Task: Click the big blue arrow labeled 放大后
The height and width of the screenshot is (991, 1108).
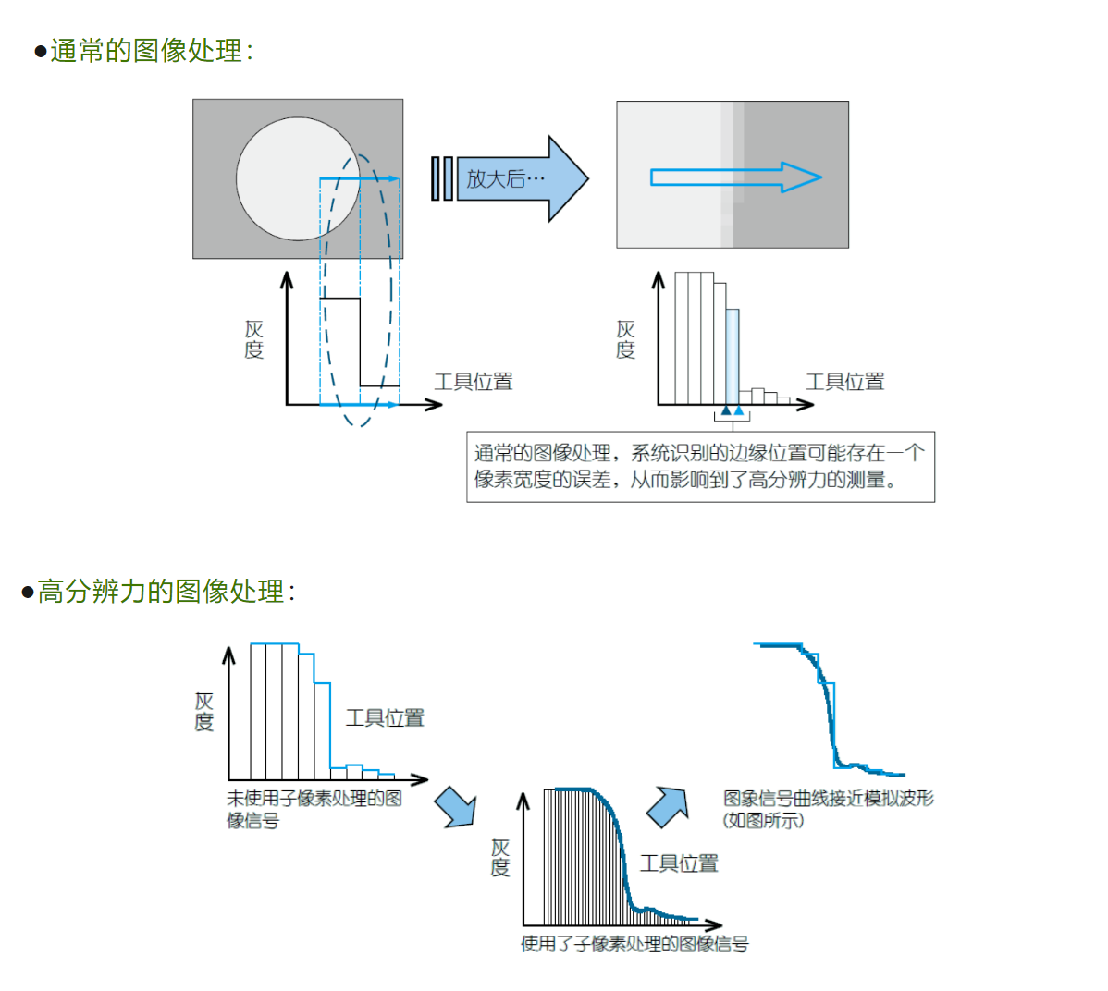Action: pos(518,178)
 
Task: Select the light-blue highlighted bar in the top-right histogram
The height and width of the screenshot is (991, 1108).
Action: pos(733,356)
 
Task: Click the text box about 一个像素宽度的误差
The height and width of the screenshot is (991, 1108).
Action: pos(700,467)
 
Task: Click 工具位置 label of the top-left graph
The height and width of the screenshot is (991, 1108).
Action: pos(474,382)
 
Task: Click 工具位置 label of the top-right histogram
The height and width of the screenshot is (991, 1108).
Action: pos(844,382)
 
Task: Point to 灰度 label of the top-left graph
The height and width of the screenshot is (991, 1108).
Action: pos(254,339)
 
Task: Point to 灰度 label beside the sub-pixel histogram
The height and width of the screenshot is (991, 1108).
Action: pos(500,857)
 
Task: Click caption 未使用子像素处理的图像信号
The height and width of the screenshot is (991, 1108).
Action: pos(314,809)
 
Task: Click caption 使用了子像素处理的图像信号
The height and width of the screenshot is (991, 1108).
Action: pos(634,944)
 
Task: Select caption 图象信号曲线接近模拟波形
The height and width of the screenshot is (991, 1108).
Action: pos(828,808)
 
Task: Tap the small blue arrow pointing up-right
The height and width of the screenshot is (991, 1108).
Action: pos(668,807)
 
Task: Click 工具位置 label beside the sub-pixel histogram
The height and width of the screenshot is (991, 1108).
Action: pos(679,863)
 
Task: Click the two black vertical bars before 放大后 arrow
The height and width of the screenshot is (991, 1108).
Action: pos(442,178)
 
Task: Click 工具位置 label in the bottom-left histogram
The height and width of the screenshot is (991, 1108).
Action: pos(385,718)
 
